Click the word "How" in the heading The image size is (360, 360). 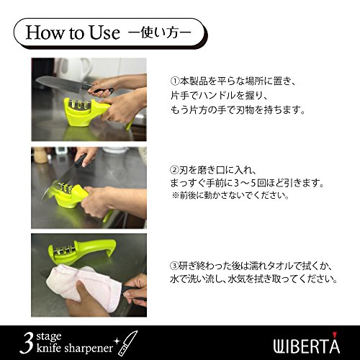click(45, 32)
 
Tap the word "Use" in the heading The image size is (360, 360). click(104, 32)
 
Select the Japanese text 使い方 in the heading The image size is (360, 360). click(160, 32)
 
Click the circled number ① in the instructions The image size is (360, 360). click(175, 81)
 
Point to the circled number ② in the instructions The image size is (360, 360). click(175, 170)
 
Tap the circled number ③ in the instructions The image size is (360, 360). click(175, 266)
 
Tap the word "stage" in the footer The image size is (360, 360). click(49, 337)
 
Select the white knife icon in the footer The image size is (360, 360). click(127, 343)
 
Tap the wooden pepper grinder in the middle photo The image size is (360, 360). click(40, 155)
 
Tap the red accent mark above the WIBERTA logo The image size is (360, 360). click(335, 334)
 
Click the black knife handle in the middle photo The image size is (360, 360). click(81, 160)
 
